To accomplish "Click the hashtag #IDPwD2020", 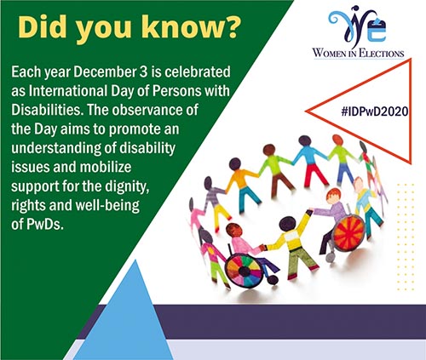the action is [x=375, y=111].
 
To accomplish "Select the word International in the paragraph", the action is [x=68, y=91].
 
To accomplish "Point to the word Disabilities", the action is [x=48, y=110].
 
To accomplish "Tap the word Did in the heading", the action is [x=42, y=27].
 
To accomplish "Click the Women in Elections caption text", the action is [x=358, y=53].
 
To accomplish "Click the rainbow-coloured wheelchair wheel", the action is [x=245, y=271].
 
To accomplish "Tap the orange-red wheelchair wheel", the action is [x=349, y=233].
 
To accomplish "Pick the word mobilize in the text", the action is [x=106, y=167].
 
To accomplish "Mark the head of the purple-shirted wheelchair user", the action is [x=333, y=197].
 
